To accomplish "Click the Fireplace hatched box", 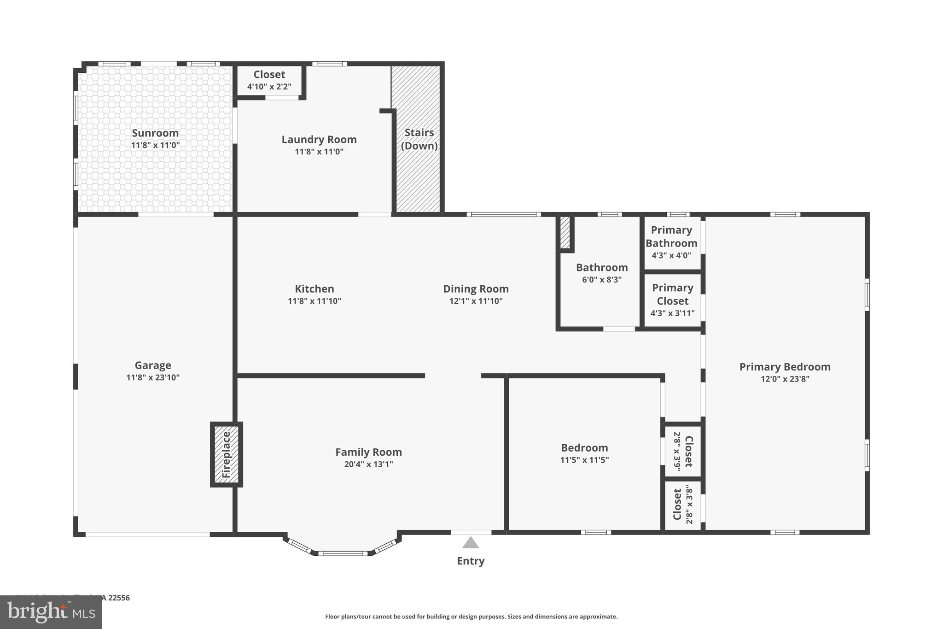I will pyautogui.click(x=226, y=454).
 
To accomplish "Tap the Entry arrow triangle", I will pyautogui.click(x=470, y=543).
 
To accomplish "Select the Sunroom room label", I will pyautogui.click(x=155, y=133).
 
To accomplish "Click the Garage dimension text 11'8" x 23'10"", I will pyautogui.click(x=153, y=377).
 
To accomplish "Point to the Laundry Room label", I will pyautogui.click(x=319, y=139).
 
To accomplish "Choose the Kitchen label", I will pyautogui.click(x=314, y=289).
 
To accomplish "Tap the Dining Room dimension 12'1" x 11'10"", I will pyautogui.click(x=476, y=301).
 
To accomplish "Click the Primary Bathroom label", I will pyautogui.click(x=671, y=236).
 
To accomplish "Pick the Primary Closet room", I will pyautogui.click(x=672, y=300).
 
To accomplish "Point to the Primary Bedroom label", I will pyautogui.click(x=785, y=367).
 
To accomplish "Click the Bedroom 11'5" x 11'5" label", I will pyautogui.click(x=584, y=448).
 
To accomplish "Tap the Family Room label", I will pyautogui.click(x=368, y=452).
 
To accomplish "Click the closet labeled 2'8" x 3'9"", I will pyautogui.click(x=683, y=451).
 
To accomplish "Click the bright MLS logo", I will pyautogui.click(x=51, y=612).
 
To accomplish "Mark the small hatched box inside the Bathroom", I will pyautogui.click(x=565, y=232).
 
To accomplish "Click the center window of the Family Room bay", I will pyautogui.click(x=343, y=553).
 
